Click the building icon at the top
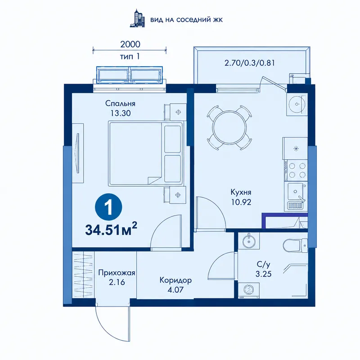(x=138, y=18)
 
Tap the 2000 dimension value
(x=130, y=44)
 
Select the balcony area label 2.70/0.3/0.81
(x=250, y=63)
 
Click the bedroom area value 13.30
(x=120, y=113)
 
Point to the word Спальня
(x=120, y=103)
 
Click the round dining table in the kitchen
(x=229, y=128)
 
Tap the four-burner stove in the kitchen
(x=296, y=170)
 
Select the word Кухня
(x=241, y=192)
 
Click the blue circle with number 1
(x=108, y=207)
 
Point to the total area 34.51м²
(x=111, y=230)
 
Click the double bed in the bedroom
(x=146, y=153)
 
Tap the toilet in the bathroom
(x=295, y=245)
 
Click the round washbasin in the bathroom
(x=249, y=241)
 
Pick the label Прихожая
(x=117, y=273)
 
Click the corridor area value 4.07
(x=175, y=290)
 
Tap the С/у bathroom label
(x=263, y=265)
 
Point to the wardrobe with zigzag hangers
(x=83, y=275)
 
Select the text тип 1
(x=130, y=56)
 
